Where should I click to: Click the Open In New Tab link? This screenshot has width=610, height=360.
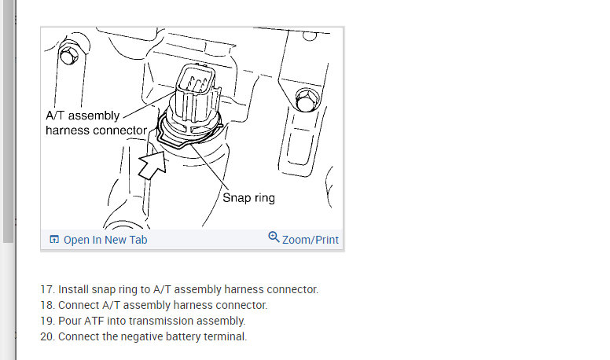(x=105, y=240)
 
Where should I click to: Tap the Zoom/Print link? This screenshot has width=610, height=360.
(x=311, y=240)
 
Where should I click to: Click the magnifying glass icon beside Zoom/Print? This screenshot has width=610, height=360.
(x=274, y=237)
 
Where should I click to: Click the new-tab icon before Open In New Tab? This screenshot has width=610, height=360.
(x=54, y=240)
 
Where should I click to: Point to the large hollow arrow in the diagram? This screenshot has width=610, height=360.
(x=153, y=165)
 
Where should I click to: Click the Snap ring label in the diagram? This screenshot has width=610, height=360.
(x=248, y=198)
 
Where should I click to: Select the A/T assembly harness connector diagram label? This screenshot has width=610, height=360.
(x=97, y=123)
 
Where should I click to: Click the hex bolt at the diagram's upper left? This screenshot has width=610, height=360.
(x=69, y=55)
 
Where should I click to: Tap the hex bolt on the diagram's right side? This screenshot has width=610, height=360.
(x=307, y=100)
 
